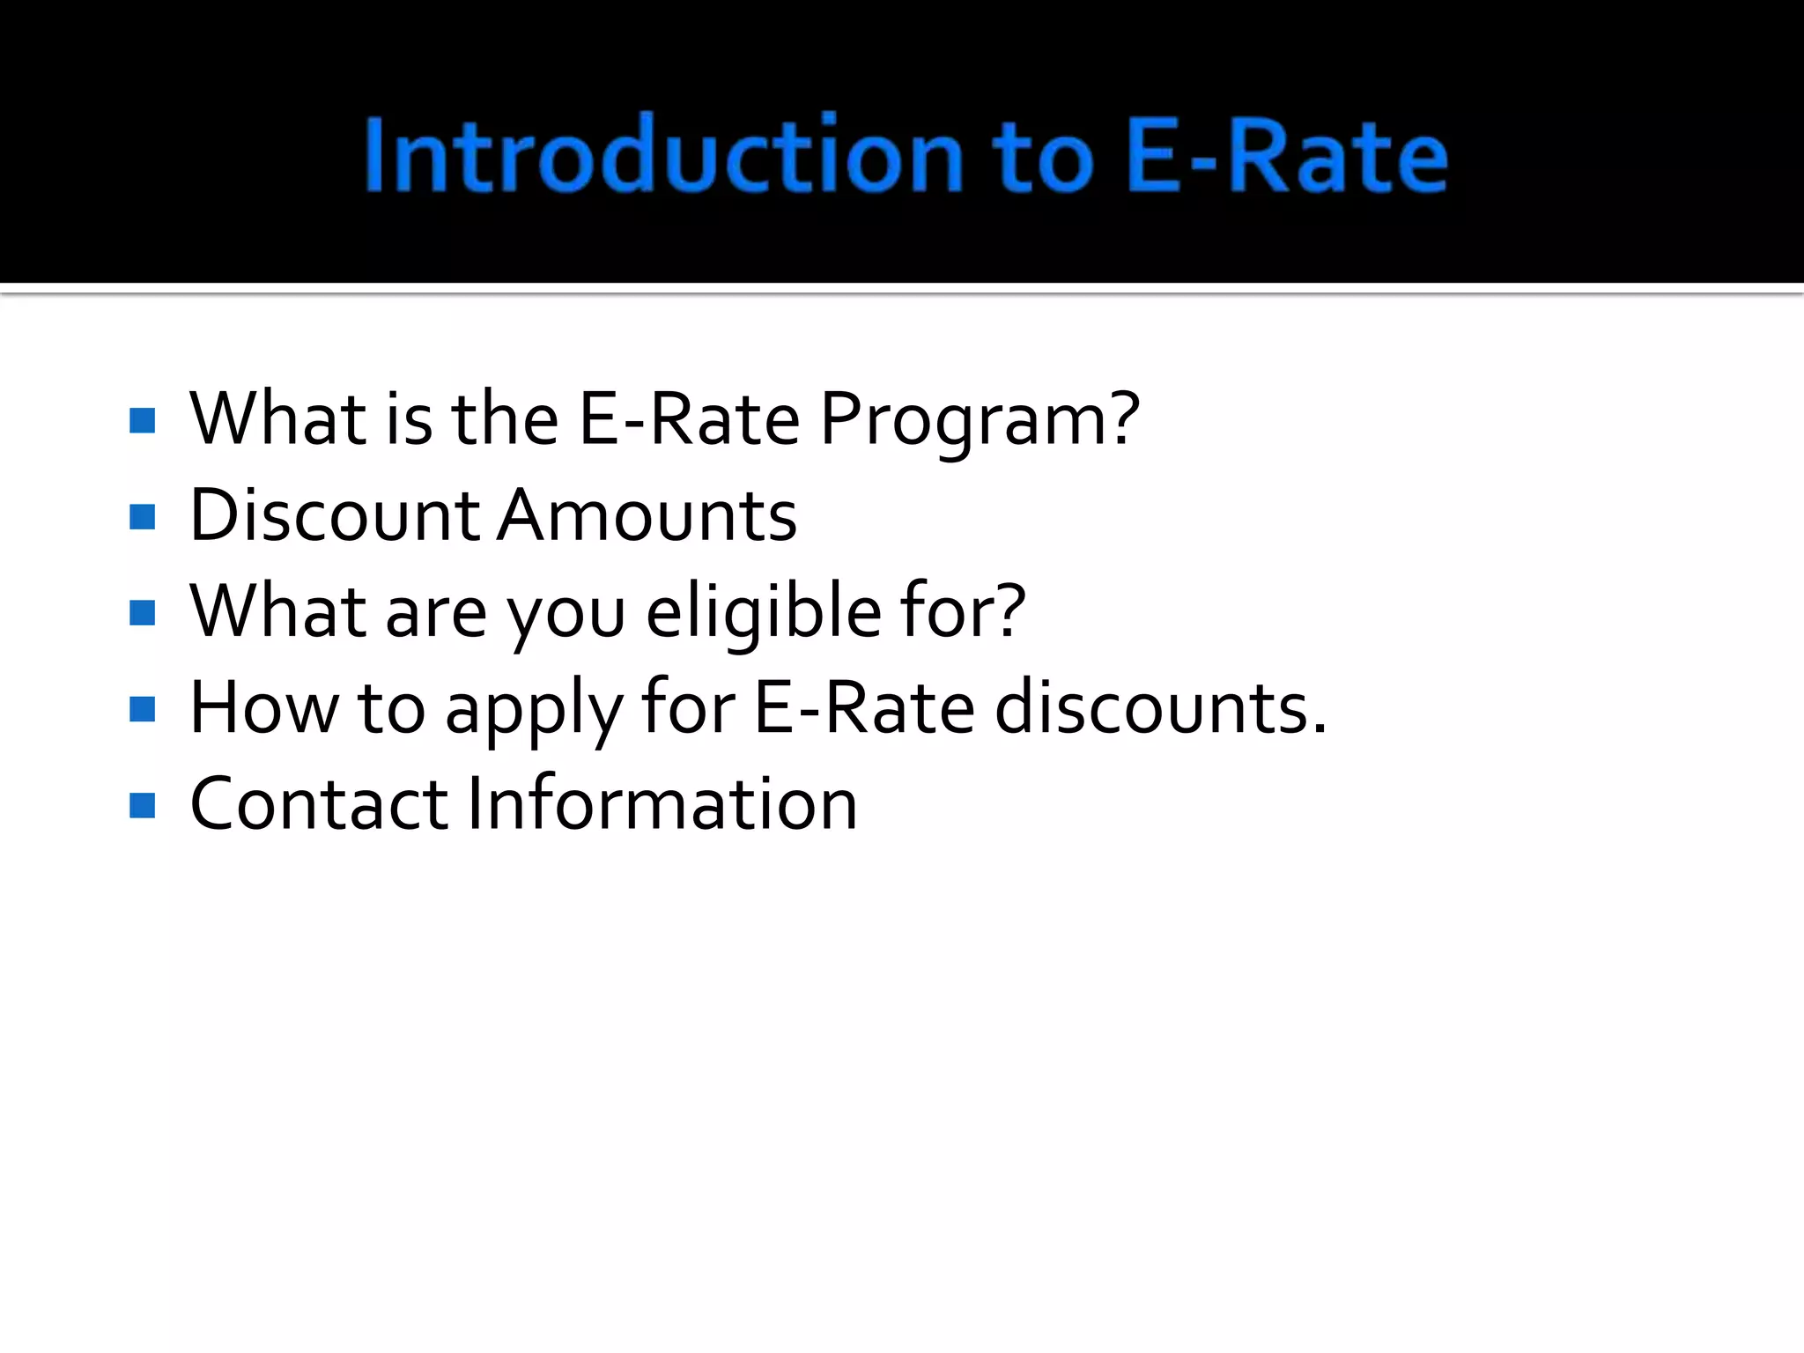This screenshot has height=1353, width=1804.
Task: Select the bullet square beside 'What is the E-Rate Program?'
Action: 142,420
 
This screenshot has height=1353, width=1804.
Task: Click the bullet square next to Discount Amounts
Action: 142,517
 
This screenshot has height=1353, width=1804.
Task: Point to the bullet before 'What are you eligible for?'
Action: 142,612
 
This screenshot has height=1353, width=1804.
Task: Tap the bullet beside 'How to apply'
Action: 142,709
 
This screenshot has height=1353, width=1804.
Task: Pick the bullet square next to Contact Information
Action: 142,805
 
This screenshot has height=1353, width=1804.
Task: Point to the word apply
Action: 534,710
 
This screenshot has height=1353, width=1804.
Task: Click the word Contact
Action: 319,804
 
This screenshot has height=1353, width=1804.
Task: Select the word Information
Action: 662,804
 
